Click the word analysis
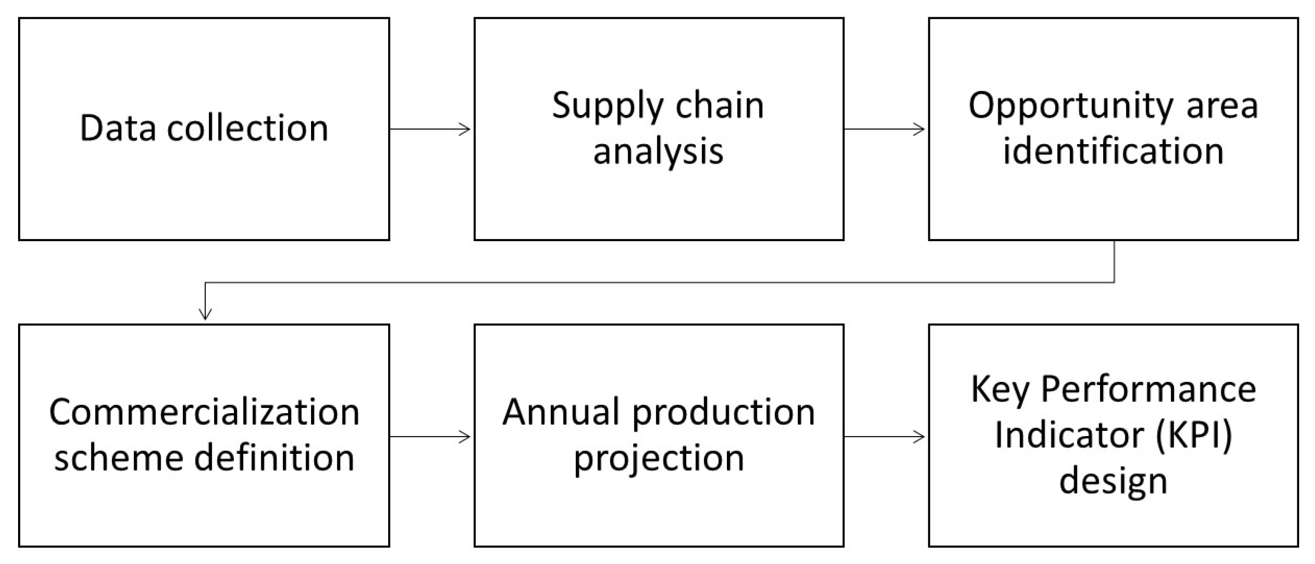[x=658, y=152]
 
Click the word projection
[x=659, y=459]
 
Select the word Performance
[x=1148, y=389]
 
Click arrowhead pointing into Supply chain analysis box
[x=466, y=129]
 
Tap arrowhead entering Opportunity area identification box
[x=920, y=129]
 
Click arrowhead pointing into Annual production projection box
[x=466, y=437]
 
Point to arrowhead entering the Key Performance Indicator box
[x=920, y=437]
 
